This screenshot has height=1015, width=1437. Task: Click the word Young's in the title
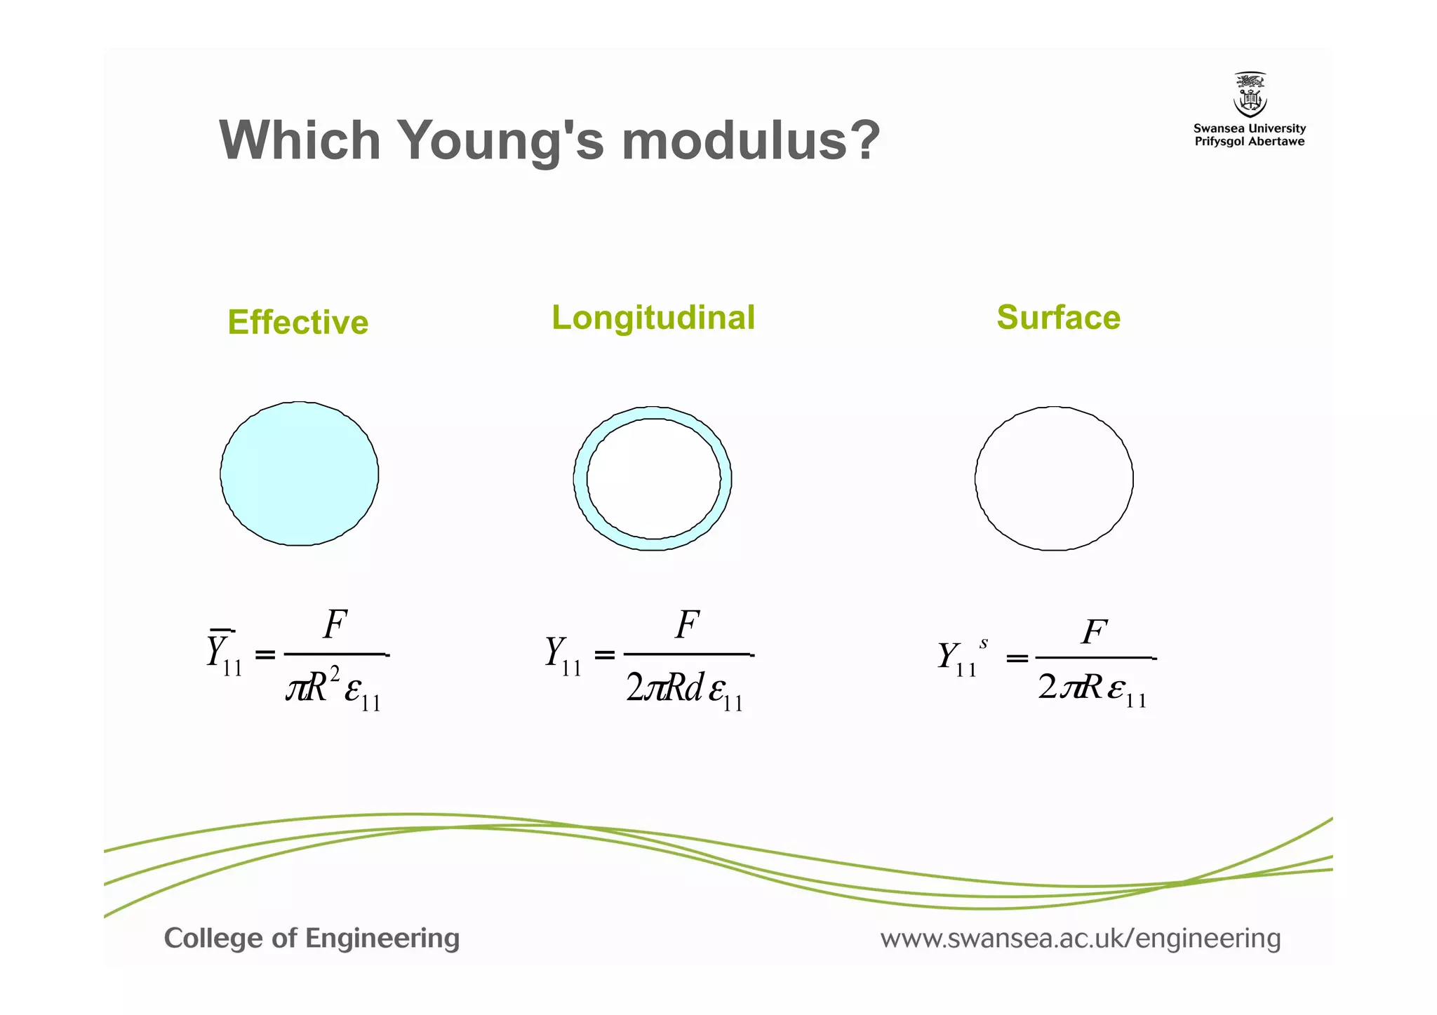tap(501, 140)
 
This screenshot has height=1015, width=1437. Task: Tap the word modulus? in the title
tap(750, 140)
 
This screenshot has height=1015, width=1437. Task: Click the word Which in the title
tap(300, 140)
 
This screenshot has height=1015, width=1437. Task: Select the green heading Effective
tap(298, 323)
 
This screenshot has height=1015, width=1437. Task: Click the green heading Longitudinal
tap(653, 318)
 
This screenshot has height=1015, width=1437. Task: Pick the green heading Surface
tap(1058, 318)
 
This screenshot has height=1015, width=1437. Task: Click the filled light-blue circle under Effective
tap(300, 473)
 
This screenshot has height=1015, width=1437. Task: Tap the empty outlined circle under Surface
tap(1054, 478)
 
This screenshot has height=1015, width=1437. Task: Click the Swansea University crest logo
tap(1250, 95)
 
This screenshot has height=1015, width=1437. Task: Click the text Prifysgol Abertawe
tap(1250, 142)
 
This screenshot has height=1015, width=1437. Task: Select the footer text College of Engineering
tap(312, 938)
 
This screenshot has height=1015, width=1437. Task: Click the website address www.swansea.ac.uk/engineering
tap(1081, 938)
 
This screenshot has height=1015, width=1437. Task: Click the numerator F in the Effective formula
tap(335, 624)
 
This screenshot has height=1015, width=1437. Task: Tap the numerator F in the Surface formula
tap(1094, 632)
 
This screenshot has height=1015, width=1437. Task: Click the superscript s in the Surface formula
tap(984, 643)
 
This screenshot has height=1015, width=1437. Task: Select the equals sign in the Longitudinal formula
tap(604, 655)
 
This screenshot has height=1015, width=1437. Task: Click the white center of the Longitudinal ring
tap(653, 478)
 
